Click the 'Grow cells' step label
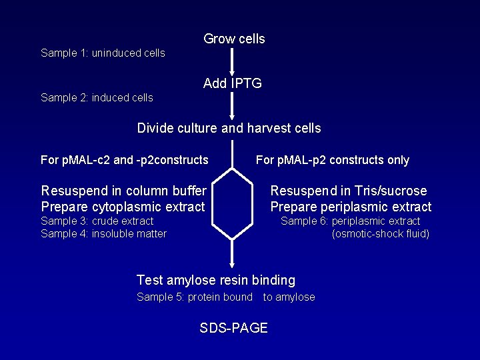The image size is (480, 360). [234, 39]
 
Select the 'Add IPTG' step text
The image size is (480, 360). [233, 83]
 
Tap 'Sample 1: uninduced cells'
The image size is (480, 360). [103, 53]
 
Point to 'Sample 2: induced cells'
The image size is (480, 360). [97, 98]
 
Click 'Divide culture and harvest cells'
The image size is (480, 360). [229, 128]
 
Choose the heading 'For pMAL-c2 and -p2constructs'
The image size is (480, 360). [124, 160]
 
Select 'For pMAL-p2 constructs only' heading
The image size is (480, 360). [332, 160]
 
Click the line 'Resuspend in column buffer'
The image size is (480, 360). [123, 191]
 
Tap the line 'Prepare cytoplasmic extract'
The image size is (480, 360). [123, 207]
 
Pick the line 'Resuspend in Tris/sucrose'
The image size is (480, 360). [348, 191]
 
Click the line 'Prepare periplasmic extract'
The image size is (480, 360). [351, 207]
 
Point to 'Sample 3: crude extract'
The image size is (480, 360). [97, 221]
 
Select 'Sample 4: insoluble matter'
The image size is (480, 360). [103, 233]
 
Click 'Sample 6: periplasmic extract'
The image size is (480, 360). [350, 221]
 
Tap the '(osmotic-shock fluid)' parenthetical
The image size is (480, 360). [380, 233]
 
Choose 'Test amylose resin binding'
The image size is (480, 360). [215, 281]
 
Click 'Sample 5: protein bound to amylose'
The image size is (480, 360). [225, 297]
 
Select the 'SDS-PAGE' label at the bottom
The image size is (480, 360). [233, 328]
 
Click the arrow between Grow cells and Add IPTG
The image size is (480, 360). [231, 61]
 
